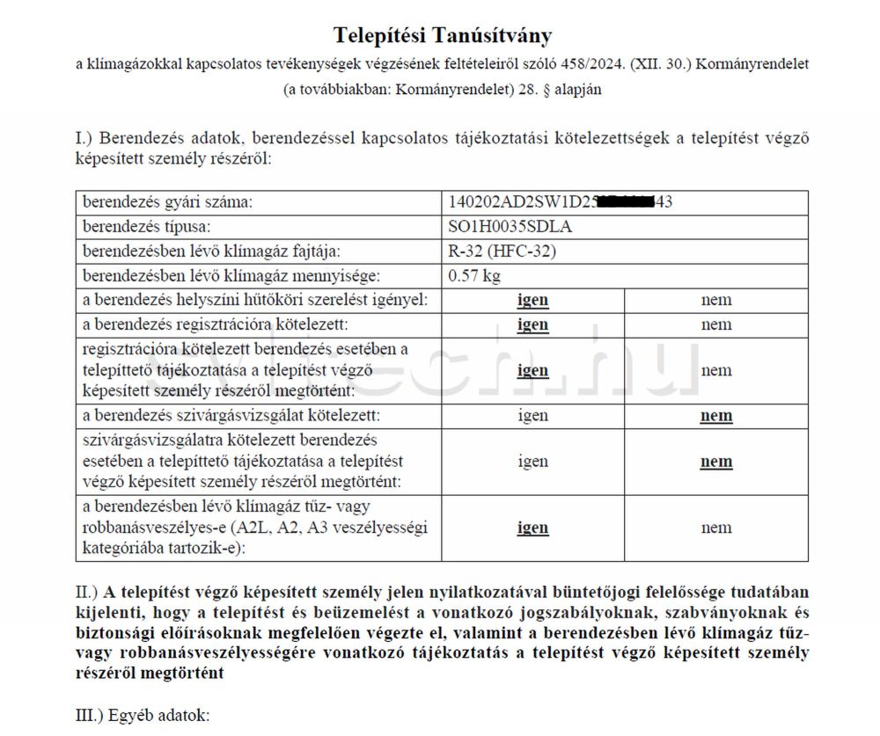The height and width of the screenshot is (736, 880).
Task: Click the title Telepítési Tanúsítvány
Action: click(443, 35)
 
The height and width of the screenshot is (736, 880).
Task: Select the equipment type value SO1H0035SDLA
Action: click(510, 227)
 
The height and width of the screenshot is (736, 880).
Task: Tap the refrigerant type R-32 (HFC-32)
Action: click(502, 251)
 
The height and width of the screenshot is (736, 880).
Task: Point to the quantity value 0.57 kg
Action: click(474, 276)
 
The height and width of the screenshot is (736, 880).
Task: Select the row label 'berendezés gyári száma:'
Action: click(167, 202)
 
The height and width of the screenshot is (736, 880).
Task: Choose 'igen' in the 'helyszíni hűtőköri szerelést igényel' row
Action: click(532, 300)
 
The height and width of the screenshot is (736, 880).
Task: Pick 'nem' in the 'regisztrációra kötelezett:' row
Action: click(716, 324)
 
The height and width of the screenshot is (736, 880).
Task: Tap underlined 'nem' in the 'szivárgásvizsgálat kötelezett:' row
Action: click(716, 416)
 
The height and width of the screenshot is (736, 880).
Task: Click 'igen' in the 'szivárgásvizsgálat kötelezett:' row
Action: click(532, 416)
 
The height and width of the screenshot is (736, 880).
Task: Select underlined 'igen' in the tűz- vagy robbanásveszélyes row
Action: click(532, 528)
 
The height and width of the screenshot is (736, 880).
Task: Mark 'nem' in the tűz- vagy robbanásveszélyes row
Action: click(716, 528)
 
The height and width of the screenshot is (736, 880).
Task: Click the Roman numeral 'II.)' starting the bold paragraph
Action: click(89, 590)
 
